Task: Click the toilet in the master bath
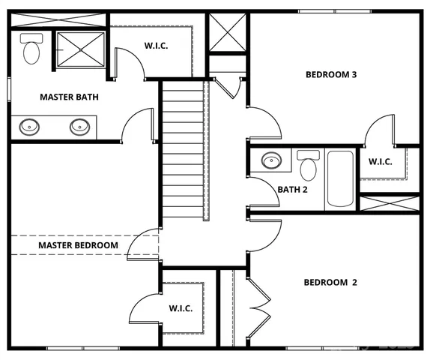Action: pos(31,49)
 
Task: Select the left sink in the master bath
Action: pos(30,126)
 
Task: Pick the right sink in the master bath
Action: pos(79,126)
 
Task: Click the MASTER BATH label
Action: pos(69,97)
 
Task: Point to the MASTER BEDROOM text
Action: pos(78,245)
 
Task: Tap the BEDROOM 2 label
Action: pos(330,283)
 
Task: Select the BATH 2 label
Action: pos(293,190)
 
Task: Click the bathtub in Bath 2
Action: pos(341,179)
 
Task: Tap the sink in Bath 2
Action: pos(271,160)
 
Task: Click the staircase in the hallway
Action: pos(184,150)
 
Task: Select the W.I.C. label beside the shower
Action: pos(156,46)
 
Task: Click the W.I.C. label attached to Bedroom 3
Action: pos(381,161)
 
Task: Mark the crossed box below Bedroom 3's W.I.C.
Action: pos(390,203)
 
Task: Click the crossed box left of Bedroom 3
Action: pos(227,32)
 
